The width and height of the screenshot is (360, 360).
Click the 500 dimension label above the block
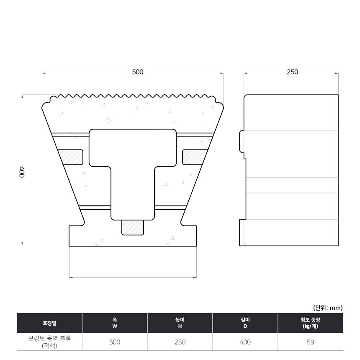click(138, 72)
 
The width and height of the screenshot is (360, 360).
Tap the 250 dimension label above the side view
click(292, 72)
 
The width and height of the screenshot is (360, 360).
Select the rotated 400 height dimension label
click(22, 172)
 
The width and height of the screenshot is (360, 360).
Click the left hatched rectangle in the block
click(71, 157)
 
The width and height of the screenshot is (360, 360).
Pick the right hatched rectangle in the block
click(195, 157)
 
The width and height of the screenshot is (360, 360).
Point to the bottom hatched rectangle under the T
click(132, 227)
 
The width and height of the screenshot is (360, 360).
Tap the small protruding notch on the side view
click(242, 141)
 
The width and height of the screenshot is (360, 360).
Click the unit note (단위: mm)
click(328, 308)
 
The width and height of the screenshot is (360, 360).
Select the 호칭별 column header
click(49, 323)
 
